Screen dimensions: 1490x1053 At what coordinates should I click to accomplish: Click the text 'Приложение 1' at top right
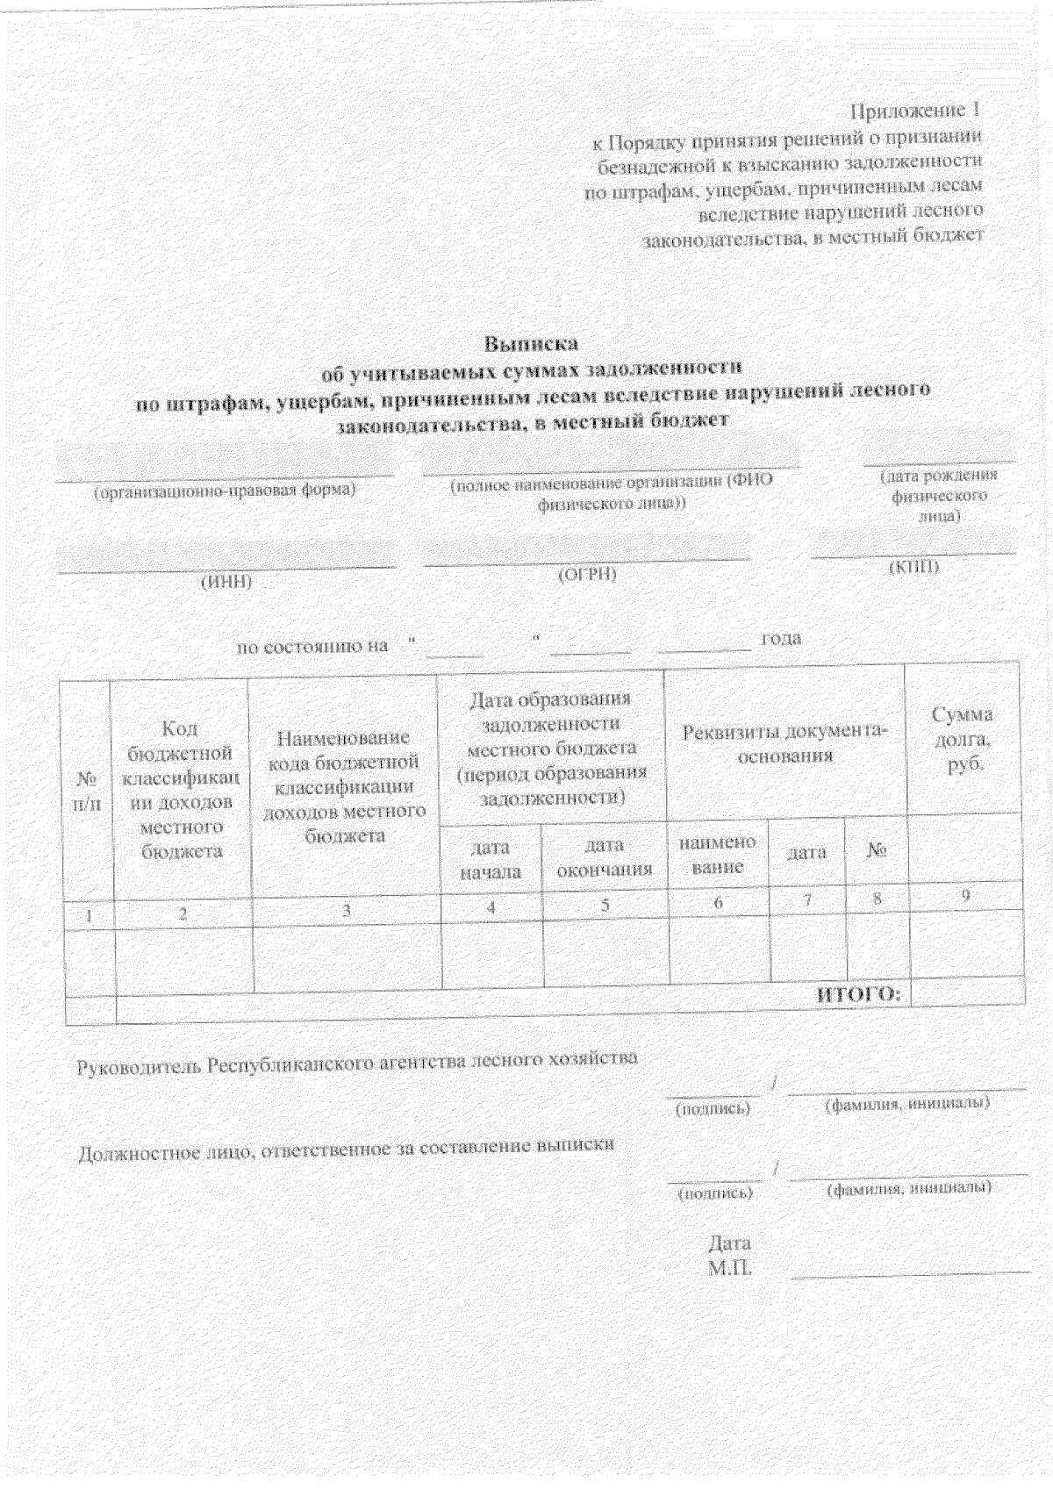coord(913,111)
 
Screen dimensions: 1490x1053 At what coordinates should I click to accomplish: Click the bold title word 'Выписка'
coord(532,343)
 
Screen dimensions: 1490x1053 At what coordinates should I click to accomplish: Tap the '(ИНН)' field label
coord(226,583)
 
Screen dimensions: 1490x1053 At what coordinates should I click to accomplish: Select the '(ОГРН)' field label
coord(587,575)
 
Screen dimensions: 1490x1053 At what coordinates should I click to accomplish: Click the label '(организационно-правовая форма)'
coord(225,491)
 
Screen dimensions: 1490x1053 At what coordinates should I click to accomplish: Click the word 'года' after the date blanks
coord(781,638)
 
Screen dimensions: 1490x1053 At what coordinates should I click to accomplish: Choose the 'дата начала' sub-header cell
coord(491,860)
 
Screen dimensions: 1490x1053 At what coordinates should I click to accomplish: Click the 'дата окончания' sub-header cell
coord(604,857)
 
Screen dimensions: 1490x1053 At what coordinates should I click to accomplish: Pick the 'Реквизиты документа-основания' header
coord(784,743)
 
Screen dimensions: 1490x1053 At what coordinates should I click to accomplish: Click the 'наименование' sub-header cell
coord(718,854)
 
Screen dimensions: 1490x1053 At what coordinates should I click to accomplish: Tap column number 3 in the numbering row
coord(347,911)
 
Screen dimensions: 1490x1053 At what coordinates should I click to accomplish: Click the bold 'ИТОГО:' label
coord(858,994)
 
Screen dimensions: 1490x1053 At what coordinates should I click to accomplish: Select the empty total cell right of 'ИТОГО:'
coord(968,992)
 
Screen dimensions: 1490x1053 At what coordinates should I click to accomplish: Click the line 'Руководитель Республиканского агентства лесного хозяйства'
coord(358,1061)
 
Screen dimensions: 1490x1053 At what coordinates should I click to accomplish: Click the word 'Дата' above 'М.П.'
coord(729,1243)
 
